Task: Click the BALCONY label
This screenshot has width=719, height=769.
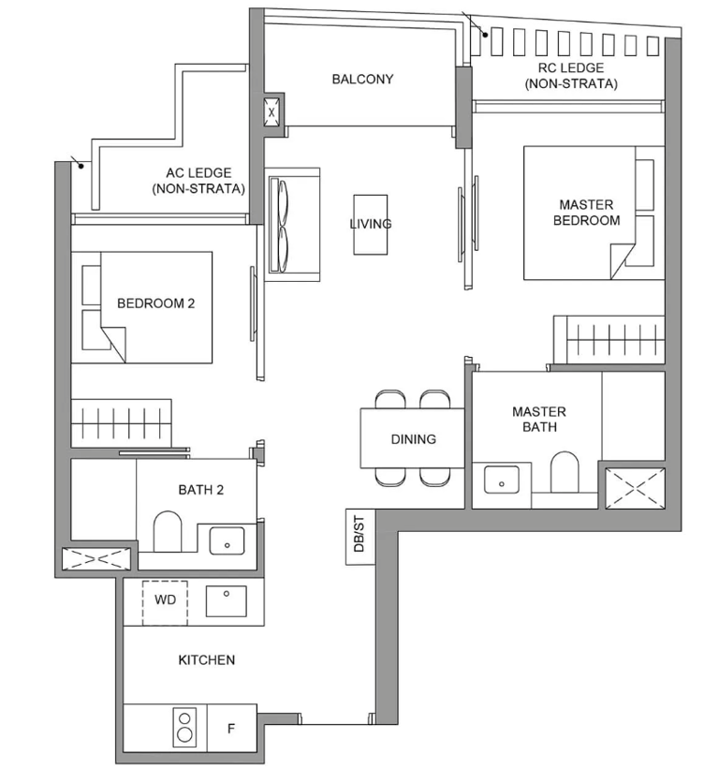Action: pos(362,79)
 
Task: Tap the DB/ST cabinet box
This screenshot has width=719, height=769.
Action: pos(360,537)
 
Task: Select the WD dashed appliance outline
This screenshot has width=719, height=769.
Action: pos(165,603)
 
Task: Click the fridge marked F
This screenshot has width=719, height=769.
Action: pos(232,728)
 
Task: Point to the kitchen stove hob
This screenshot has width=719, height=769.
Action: pos(184,728)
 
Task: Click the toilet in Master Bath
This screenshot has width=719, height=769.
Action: pos(565,471)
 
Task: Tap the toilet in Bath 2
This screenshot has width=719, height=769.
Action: pos(168,532)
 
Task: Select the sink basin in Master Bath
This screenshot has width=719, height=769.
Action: pos(502,480)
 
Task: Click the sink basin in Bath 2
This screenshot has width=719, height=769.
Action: pos(227,541)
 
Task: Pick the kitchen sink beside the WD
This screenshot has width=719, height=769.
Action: pos(226,600)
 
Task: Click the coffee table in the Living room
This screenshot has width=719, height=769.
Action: pos(371,225)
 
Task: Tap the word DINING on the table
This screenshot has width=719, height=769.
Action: pos(413,439)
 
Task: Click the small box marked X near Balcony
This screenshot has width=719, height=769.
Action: pos(271,111)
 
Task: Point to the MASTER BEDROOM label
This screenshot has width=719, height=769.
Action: pos(587,213)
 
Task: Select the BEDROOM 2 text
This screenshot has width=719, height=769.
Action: pos(155,303)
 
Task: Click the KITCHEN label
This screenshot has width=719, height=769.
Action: pos(206,659)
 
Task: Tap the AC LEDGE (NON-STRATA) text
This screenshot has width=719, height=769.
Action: pos(198,181)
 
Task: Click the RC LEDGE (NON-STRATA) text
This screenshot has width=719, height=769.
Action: pos(571,76)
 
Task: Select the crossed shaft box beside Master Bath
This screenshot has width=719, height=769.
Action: pos(635,489)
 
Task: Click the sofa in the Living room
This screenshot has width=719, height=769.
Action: pos(293,225)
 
